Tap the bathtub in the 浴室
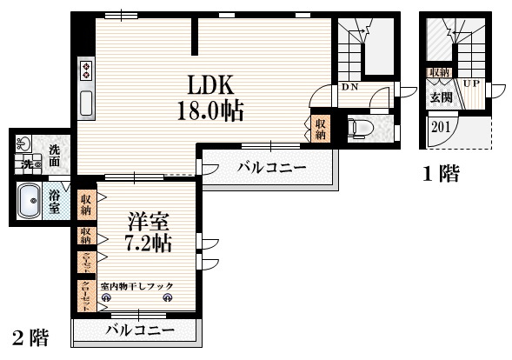pos(32,204)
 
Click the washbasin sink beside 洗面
pos(24,143)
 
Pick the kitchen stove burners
pos(87,70)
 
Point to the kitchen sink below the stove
pos(87,103)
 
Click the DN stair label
pos(349,88)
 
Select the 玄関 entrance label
pos(441,97)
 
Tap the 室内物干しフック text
pos(136,286)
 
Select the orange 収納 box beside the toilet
pos(320,129)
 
